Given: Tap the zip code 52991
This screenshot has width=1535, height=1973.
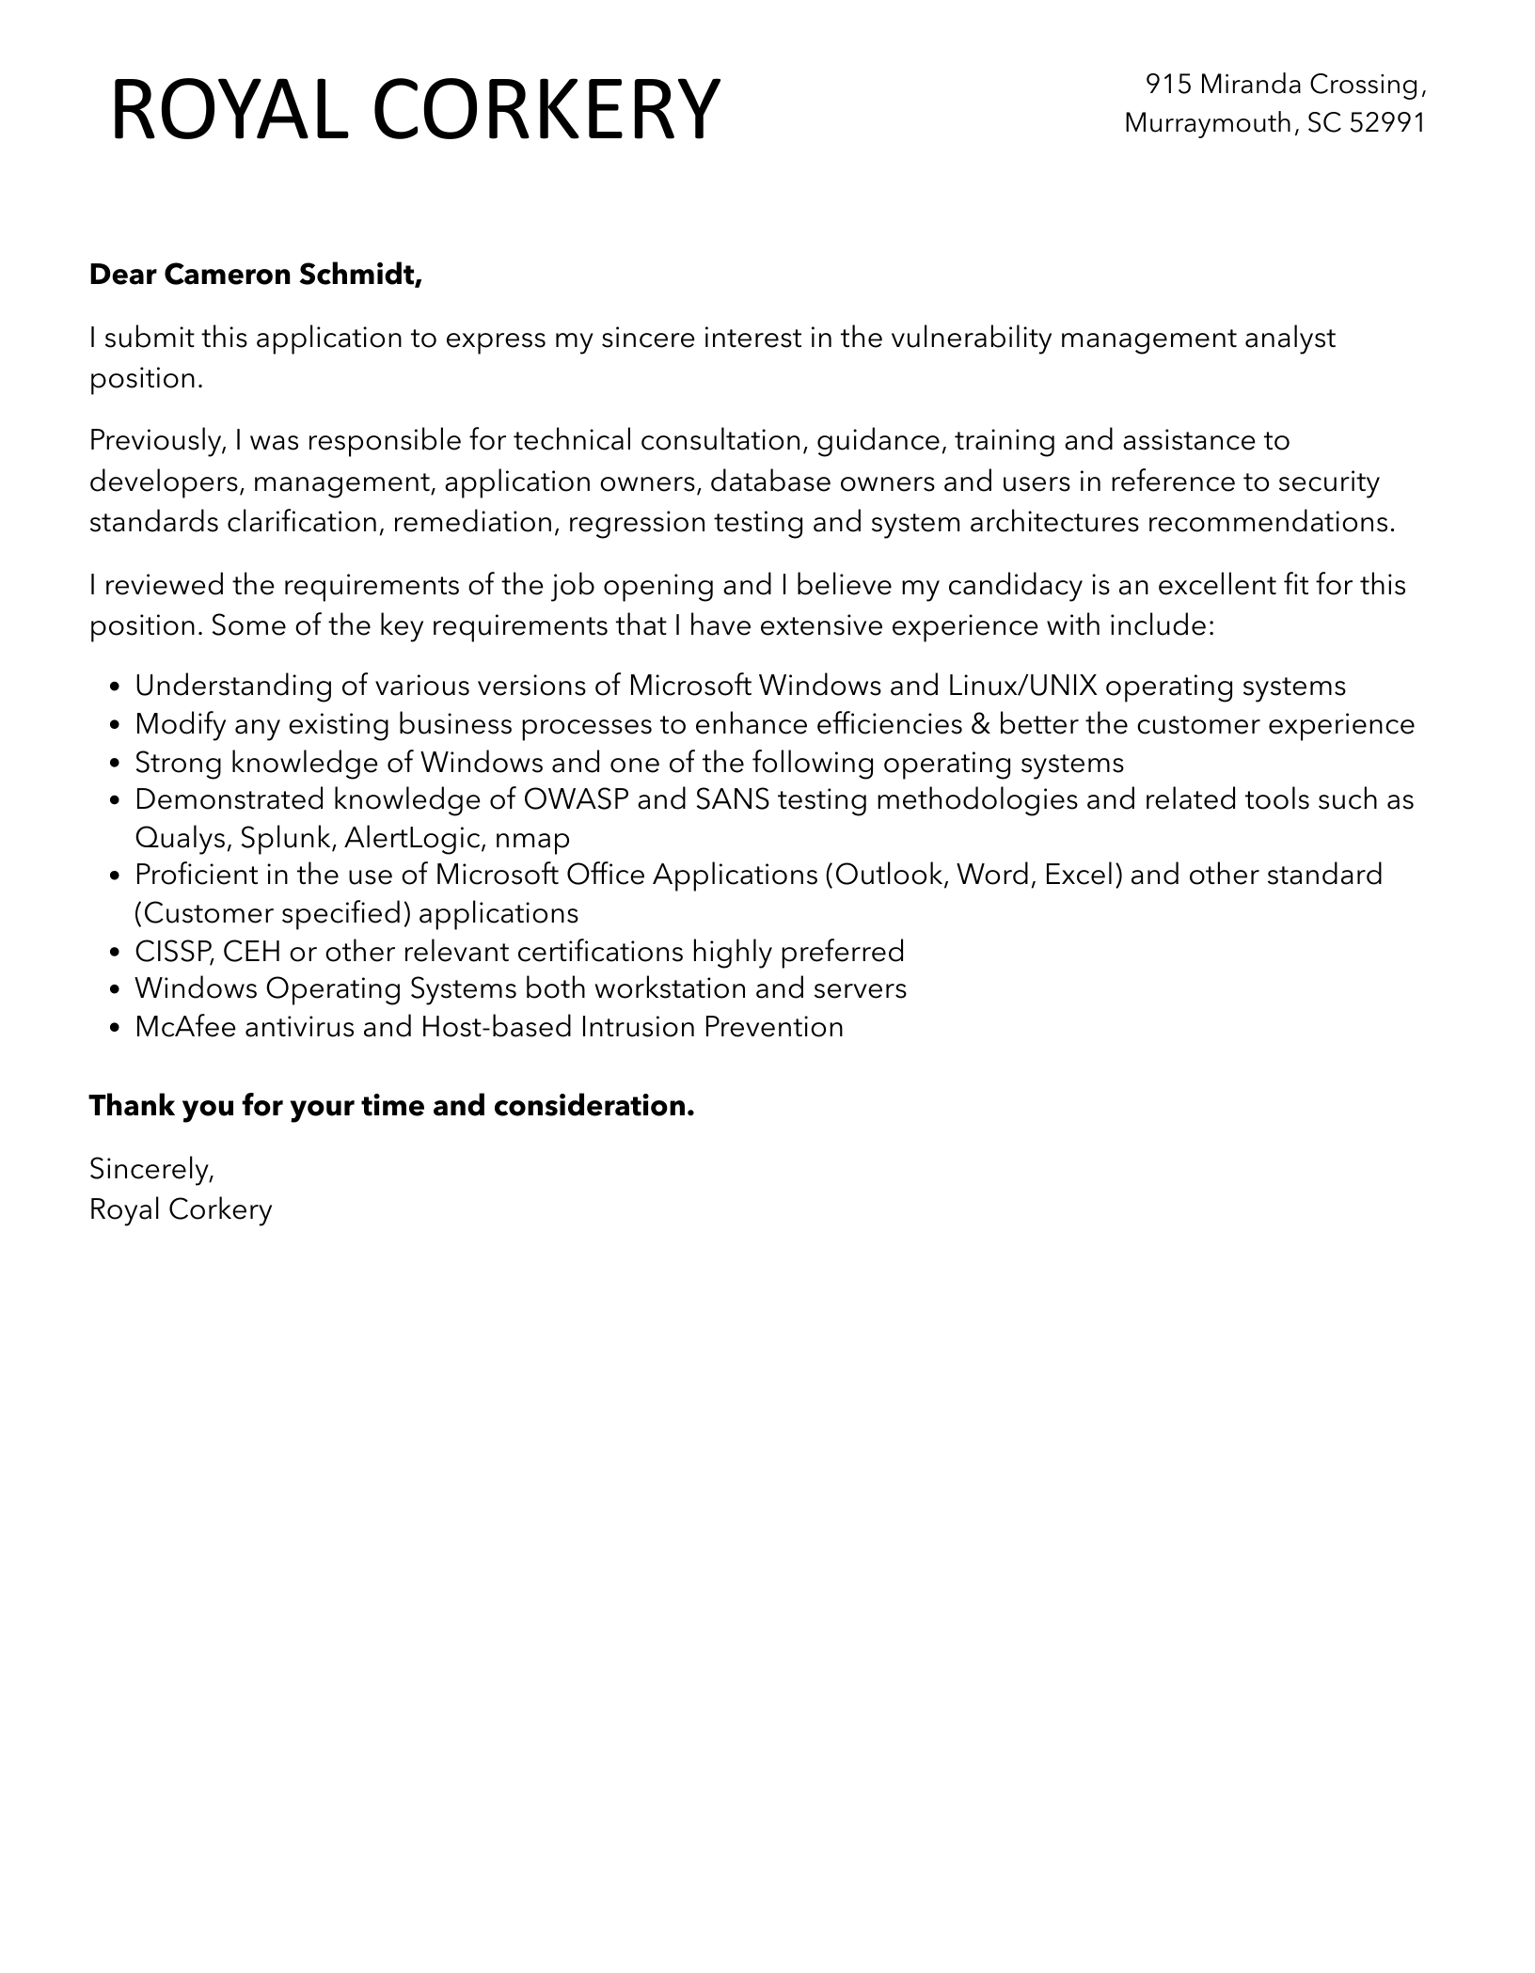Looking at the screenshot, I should pyautogui.click(x=1387, y=123).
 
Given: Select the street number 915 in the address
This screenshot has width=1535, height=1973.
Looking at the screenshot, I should pyautogui.click(x=1168, y=85).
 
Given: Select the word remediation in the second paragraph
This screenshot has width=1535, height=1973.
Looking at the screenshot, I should pyautogui.click(x=472, y=522).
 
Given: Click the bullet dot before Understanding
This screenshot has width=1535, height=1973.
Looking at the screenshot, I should pyautogui.click(x=115, y=687).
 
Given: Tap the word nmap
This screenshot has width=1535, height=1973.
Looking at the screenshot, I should pyautogui.click(x=531, y=838).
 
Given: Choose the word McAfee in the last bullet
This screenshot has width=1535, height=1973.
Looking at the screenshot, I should pyautogui.click(x=185, y=1026).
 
